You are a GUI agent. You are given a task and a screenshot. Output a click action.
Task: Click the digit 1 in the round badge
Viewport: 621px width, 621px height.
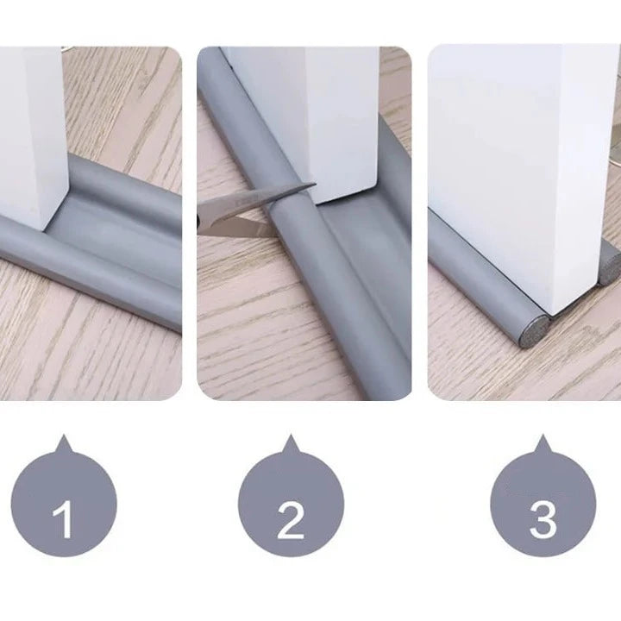pyautogui.click(x=64, y=519)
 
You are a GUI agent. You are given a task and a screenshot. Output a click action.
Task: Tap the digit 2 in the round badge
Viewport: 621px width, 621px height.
pyautogui.click(x=291, y=520)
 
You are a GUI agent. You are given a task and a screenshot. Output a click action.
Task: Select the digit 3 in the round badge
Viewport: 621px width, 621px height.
pyautogui.click(x=543, y=520)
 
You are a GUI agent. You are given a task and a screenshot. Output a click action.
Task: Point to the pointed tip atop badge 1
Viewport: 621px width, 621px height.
pyautogui.click(x=64, y=436)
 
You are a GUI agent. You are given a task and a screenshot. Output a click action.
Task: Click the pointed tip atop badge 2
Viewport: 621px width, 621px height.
pyautogui.click(x=291, y=436)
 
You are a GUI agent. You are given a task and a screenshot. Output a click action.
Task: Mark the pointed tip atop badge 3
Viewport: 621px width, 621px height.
pyautogui.click(x=543, y=436)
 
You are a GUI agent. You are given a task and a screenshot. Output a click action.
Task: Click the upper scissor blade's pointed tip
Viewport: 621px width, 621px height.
pyautogui.click(x=315, y=184)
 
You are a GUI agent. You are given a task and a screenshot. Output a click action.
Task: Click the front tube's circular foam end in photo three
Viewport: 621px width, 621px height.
pyautogui.click(x=534, y=333)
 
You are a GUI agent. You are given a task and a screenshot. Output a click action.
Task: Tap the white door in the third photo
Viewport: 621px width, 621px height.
pyautogui.click(x=523, y=174)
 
